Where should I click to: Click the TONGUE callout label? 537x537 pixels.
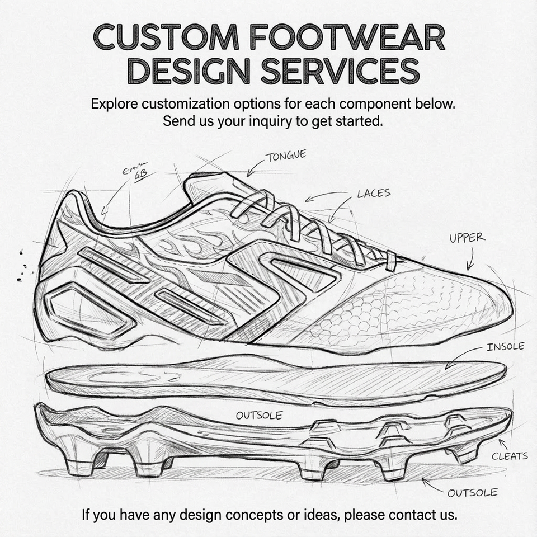pos(286,156)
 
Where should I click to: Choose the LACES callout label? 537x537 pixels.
pos(374,194)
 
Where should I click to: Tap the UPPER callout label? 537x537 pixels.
pos(467,238)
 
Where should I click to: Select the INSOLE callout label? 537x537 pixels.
pos(505,347)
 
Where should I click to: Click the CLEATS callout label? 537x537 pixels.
pos(509,456)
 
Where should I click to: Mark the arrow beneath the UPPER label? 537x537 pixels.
pos(470,260)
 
